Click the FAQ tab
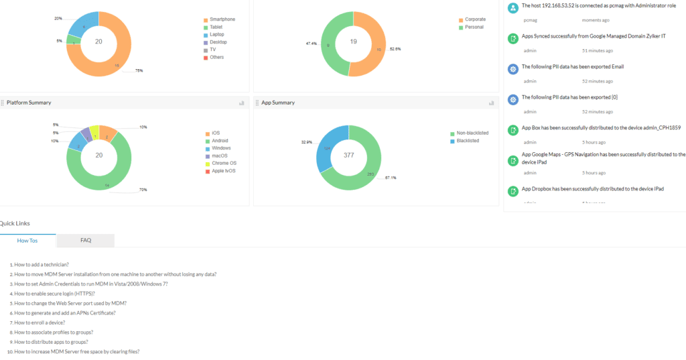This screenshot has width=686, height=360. pos(86,240)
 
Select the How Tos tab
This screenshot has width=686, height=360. pos(27,240)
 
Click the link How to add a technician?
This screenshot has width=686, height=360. pos(42,265)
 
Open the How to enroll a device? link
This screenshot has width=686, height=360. pos(40,322)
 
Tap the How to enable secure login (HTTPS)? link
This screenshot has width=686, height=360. pos(54,294)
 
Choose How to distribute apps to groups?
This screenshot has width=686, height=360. pos(51,342)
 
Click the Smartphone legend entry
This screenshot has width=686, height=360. pos(222,19)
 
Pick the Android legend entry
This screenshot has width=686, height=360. pos(220,141)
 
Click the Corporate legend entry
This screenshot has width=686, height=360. pos(475,19)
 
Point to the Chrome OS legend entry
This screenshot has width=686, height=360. pos(224,163)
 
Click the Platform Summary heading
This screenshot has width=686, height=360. pos(29,103)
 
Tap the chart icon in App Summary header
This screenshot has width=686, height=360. pos(491,103)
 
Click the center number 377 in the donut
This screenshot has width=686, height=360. pos(348,155)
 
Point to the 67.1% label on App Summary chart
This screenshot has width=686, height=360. pos(391,178)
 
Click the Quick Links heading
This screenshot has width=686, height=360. pos(15,223)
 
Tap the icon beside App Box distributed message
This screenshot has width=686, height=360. pos(512,129)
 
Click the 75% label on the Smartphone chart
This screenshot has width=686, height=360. pos(139,70)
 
